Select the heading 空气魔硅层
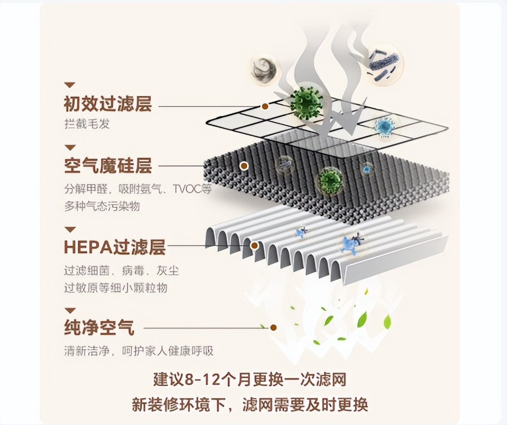pos(108,166)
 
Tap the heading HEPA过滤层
pos(115,247)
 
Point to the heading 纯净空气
pos(99,328)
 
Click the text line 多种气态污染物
pos(102,206)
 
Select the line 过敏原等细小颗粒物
pos(116,287)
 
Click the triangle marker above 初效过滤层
pos(70,85)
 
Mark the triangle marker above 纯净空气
pos(70,310)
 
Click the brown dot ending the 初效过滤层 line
pos(265,106)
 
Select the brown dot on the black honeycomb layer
pos(244,166)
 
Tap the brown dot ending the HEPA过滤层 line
pos(255,246)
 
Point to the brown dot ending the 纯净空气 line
pos(273,328)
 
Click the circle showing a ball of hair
pos(264,70)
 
